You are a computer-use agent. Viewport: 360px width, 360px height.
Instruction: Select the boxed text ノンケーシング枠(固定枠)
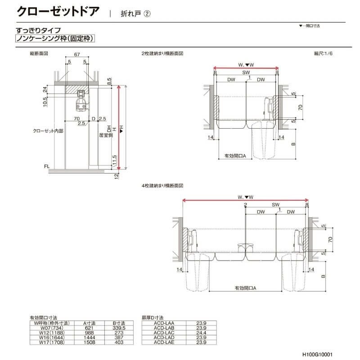pos(55,39)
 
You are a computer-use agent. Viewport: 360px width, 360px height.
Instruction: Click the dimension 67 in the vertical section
pos(77,54)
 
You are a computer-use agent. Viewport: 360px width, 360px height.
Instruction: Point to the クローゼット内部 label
pos(48,131)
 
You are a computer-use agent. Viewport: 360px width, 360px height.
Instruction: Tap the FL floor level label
pos(46,166)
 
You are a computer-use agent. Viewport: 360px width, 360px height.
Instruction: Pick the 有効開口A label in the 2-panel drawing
pos(235,156)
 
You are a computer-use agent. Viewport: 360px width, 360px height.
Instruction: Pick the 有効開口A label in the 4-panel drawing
pos(245,288)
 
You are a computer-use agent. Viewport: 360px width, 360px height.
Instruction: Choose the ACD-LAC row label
pos(164,333)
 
